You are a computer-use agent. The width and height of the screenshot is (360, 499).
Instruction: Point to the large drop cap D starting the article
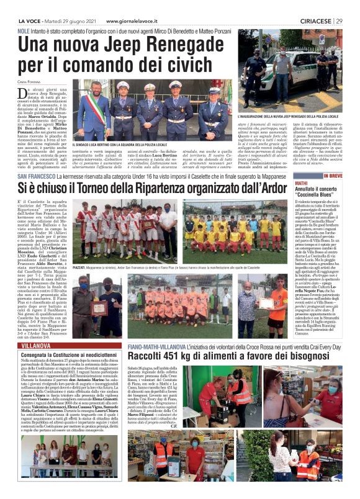(23, 94)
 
